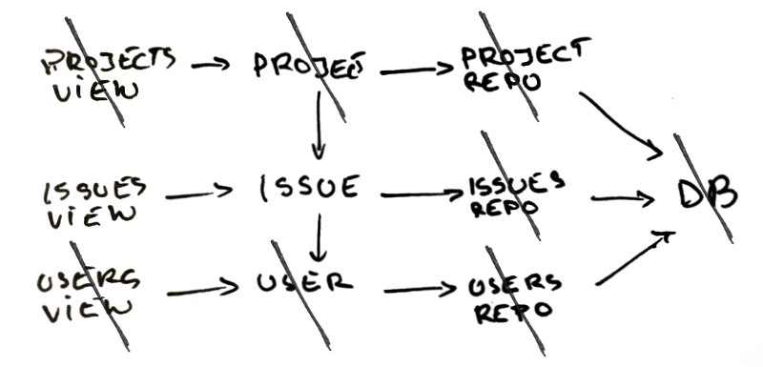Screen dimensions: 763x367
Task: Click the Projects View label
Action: coord(108,74)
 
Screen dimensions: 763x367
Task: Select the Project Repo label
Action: coord(526,66)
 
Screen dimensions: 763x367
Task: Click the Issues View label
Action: coord(93,203)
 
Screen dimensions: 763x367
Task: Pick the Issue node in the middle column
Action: coord(309,188)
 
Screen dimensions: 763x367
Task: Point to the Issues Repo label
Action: coord(516,194)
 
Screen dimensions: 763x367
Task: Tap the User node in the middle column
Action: coord(304,282)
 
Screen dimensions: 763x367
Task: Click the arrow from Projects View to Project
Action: coord(210,64)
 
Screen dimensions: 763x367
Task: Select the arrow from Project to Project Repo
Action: coord(417,70)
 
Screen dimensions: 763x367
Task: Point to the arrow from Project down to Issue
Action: coord(319,125)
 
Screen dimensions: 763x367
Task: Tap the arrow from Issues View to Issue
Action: coord(199,193)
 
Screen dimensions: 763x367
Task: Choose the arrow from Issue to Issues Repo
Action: coord(422,194)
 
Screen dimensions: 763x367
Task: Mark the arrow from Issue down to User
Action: coord(319,237)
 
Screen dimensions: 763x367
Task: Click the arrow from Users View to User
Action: coord(202,290)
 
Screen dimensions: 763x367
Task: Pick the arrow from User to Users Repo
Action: coord(421,290)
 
